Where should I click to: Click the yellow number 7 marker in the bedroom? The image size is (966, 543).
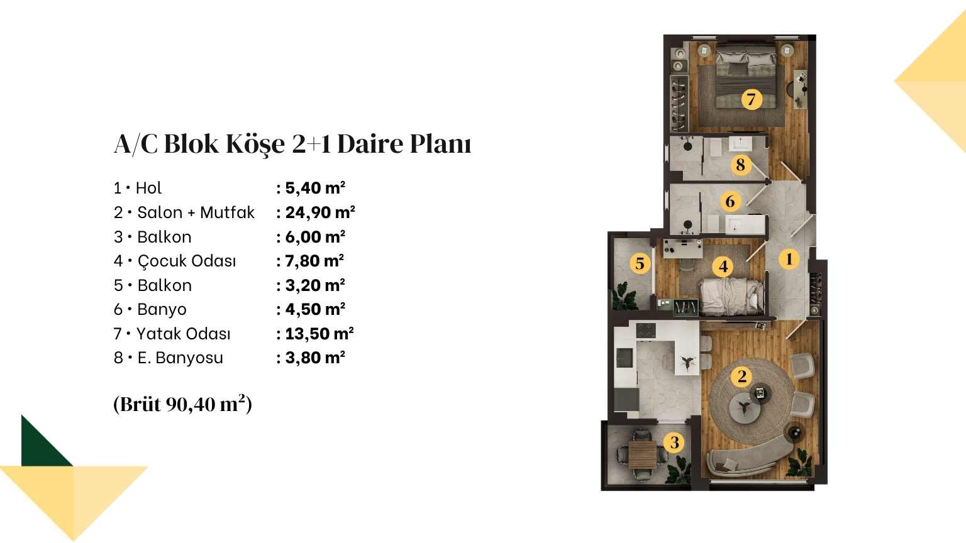(752, 99)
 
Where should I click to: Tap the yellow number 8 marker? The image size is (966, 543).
(740, 165)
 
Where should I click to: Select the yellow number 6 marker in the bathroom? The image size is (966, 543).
(730, 201)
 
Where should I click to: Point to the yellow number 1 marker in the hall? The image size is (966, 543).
(789, 259)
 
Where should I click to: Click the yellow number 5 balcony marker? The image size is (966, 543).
(640, 263)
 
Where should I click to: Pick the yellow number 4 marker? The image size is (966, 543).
(723, 266)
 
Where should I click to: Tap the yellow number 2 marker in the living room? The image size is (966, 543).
(741, 376)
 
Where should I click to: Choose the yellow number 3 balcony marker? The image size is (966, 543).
(674, 442)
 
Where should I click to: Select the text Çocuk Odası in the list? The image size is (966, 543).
(187, 261)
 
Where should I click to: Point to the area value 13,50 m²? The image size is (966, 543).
(319, 334)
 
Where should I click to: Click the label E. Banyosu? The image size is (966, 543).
(180, 358)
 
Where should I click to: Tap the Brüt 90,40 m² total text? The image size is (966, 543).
(183, 404)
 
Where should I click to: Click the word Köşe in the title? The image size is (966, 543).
(255, 145)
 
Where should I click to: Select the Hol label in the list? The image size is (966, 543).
(149, 188)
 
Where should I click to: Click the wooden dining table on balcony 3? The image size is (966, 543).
(642, 455)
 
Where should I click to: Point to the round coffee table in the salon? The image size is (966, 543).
(745, 409)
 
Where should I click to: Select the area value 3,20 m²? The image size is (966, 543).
(315, 285)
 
